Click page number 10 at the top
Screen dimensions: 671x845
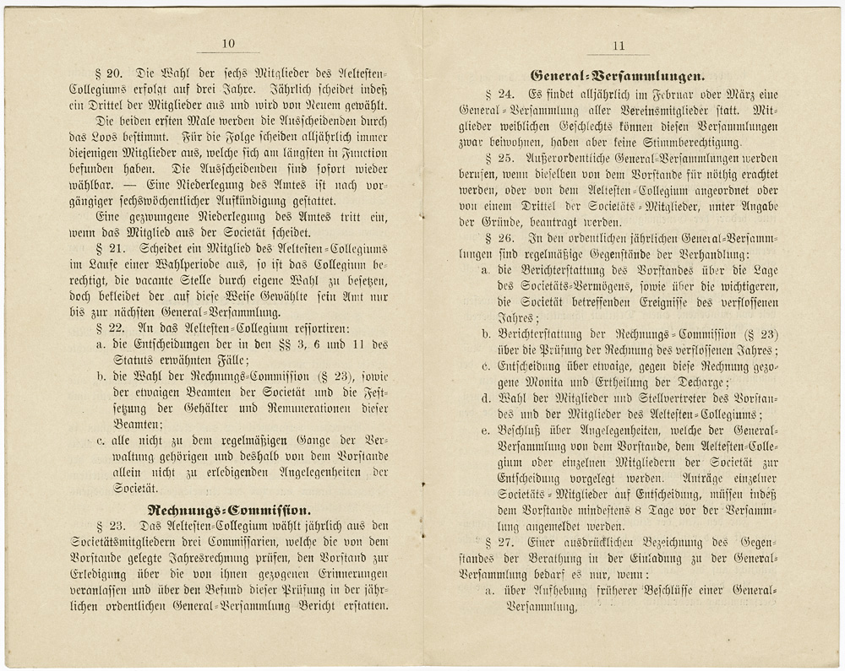(x=228, y=45)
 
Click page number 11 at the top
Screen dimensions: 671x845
(x=619, y=47)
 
